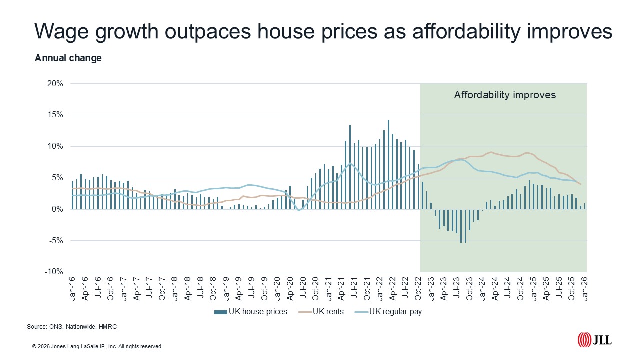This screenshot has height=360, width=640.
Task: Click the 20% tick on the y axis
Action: pyautogui.click(x=56, y=84)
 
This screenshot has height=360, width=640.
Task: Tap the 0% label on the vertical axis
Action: pyautogui.click(x=58, y=209)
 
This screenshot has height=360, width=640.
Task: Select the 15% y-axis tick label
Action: pyautogui.click(x=56, y=115)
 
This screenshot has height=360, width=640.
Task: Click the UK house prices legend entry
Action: pyautogui.click(x=251, y=312)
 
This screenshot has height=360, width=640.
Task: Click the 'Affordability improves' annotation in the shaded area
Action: pyautogui.click(x=505, y=95)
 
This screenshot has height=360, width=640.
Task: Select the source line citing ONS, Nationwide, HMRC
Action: pyautogui.click(x=72, y=327)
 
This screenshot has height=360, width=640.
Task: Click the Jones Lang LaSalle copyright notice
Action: pyautogui.click(x=97, y=346)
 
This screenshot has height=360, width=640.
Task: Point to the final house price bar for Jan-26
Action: pyautogui.click(x=585, y=206)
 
